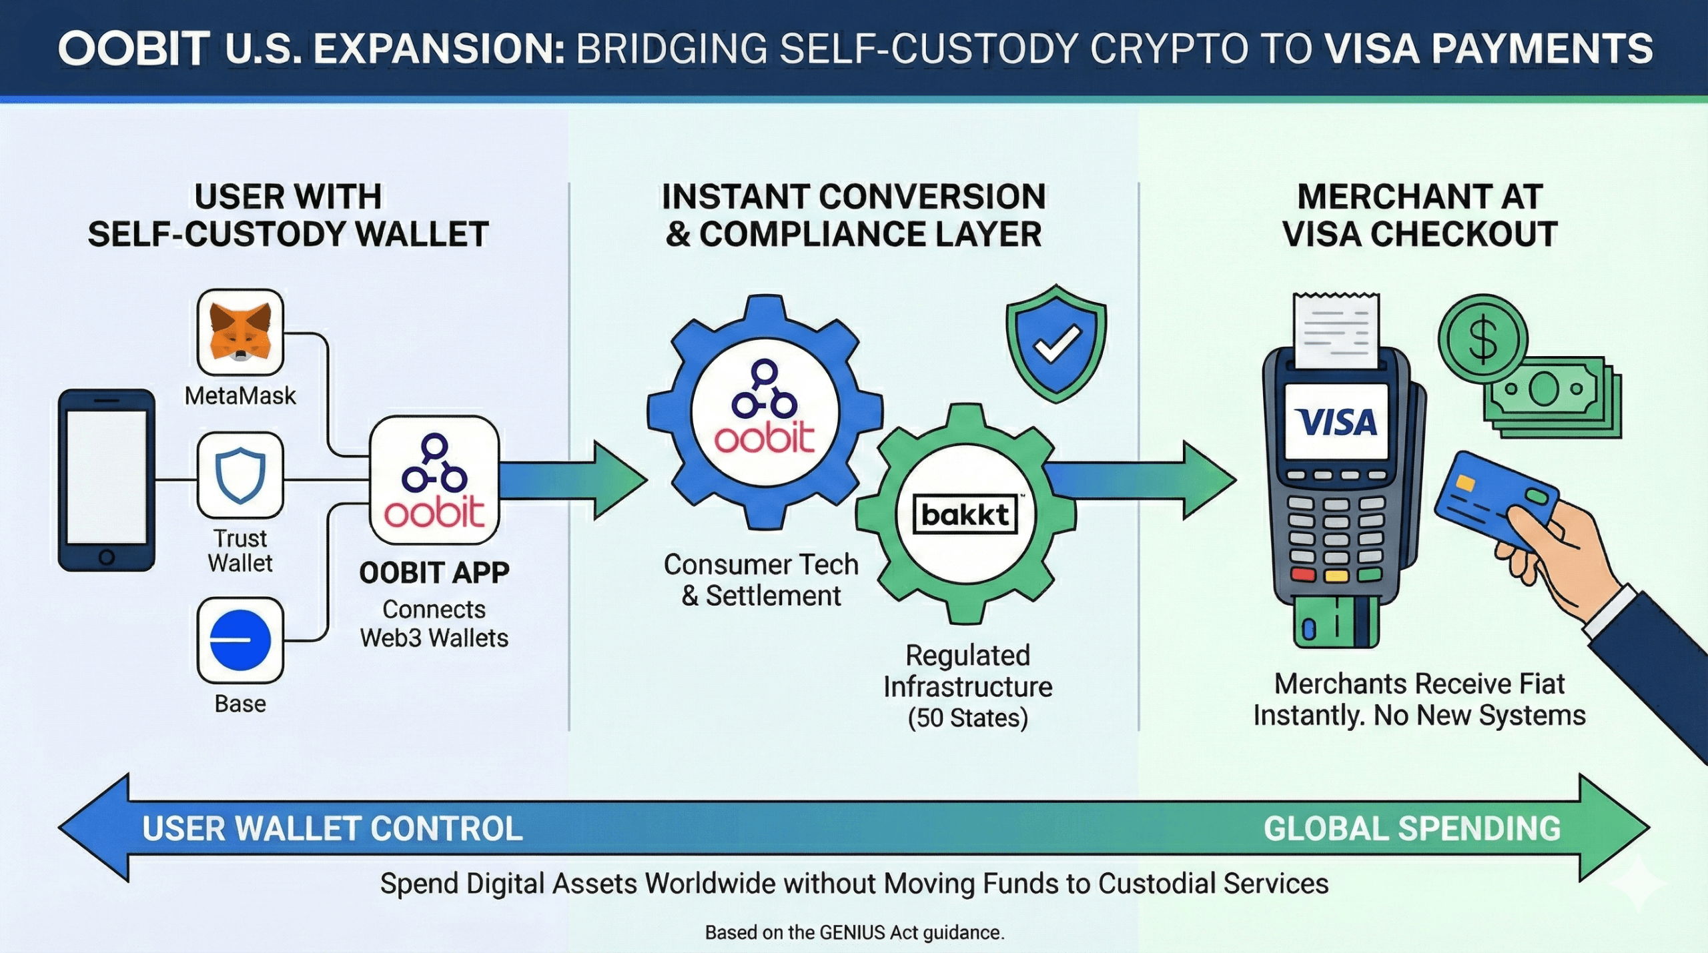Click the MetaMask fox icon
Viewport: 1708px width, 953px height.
240,331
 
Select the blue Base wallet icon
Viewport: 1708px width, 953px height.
240,640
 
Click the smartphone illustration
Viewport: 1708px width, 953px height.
107,480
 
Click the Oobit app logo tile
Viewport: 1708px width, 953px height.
434,480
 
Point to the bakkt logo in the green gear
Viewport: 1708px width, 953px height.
965,514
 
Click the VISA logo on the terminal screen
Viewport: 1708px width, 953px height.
1336,422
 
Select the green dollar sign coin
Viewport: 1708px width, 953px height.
1482,339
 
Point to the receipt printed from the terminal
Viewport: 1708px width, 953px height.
1336,330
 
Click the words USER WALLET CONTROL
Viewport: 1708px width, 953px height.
332,829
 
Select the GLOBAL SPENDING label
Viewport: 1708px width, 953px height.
1412,829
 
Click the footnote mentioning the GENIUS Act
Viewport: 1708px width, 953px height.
854,932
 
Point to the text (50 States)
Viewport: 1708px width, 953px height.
967,718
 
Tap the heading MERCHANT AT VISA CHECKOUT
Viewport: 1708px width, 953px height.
1420,215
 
